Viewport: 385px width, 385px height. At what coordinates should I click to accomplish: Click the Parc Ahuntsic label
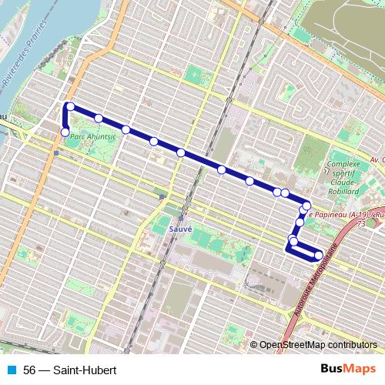coord(92,136)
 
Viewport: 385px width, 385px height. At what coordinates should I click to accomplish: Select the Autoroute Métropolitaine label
coord(312,284)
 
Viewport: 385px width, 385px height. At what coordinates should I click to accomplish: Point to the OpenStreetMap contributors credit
coord(318,345)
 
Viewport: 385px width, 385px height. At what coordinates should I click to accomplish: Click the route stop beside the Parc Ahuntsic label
coord(65,132)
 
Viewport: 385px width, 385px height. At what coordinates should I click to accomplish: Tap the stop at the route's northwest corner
coord(70,106)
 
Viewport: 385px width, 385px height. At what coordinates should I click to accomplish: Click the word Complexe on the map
coord(344,164)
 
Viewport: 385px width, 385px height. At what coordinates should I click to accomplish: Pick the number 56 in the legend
coord(30,370)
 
